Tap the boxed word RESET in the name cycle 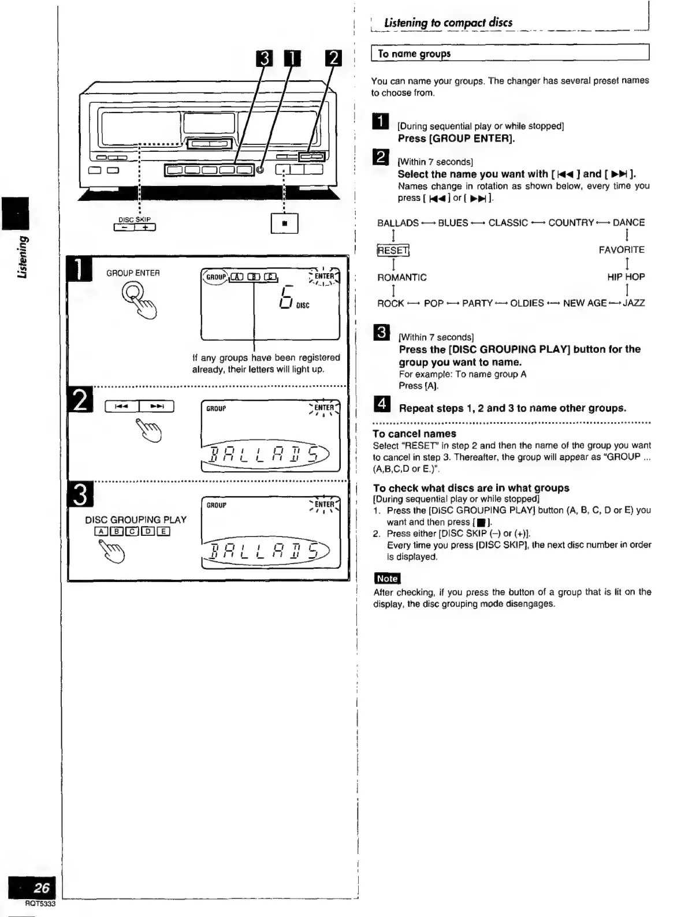click(393, 250)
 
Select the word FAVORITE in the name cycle click(622, 250)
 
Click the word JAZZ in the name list click(634, 303)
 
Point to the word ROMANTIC click(402, 277)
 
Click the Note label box click(387, 579)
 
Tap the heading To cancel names click(414, 434)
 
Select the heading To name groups click(414, 54)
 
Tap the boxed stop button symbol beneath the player click(284, 223)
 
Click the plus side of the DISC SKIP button click(145, 228)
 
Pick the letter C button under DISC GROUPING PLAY click(132, 532)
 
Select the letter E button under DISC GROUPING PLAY click(163, 532)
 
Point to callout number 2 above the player click(334, 59)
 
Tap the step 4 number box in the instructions click(382, 405)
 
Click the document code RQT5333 click(40, 904)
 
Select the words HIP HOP click(626, 277)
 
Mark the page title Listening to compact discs click(448, 23)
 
